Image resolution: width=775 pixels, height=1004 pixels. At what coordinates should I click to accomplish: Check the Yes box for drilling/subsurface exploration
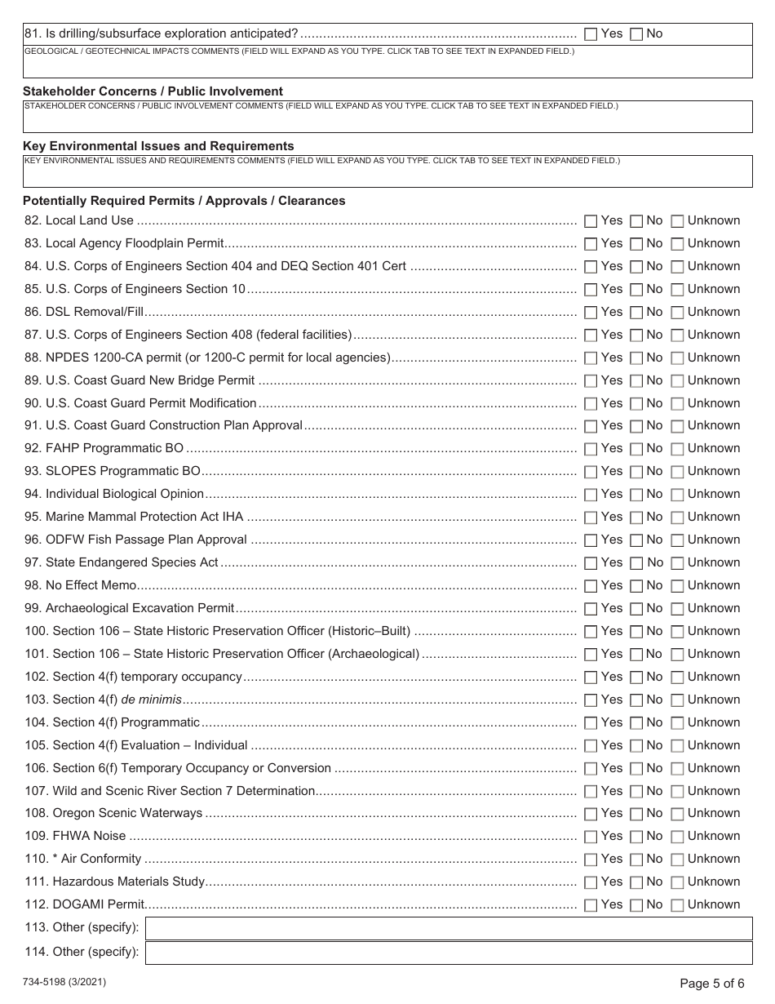(591, 34)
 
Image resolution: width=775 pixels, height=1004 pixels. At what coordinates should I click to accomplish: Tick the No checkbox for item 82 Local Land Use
(636, 221)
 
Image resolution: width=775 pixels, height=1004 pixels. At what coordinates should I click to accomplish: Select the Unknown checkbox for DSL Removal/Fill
(677, 313)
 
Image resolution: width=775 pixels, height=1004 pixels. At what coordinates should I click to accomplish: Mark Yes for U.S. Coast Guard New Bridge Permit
(591, 381)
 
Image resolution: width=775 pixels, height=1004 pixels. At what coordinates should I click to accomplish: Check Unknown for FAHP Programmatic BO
(677, 449)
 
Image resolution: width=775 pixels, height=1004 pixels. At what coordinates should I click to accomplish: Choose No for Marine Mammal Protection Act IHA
(636, 518)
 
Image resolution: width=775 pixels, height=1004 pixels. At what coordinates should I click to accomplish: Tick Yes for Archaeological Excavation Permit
(591, 609)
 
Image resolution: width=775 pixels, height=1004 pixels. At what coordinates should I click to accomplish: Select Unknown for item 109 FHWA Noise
(677, 837)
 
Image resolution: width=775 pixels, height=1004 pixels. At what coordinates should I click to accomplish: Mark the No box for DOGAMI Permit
(636, 905)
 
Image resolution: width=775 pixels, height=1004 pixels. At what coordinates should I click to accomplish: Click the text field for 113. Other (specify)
(448, 929)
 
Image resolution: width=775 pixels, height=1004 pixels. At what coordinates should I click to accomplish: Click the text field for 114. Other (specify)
(448, 953)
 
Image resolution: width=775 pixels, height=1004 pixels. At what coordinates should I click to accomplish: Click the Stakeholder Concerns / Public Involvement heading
(153, 91)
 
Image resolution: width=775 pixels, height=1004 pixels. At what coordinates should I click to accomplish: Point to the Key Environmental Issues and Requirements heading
(158, 146)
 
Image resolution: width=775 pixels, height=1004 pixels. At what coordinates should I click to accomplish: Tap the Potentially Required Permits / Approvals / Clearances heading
(184, 201)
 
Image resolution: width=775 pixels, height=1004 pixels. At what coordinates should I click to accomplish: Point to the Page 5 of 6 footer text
(711, 984)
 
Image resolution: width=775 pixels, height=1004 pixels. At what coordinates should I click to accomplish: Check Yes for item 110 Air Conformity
(591, 860)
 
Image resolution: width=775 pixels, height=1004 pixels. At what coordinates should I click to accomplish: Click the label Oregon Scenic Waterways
(127, 813)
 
